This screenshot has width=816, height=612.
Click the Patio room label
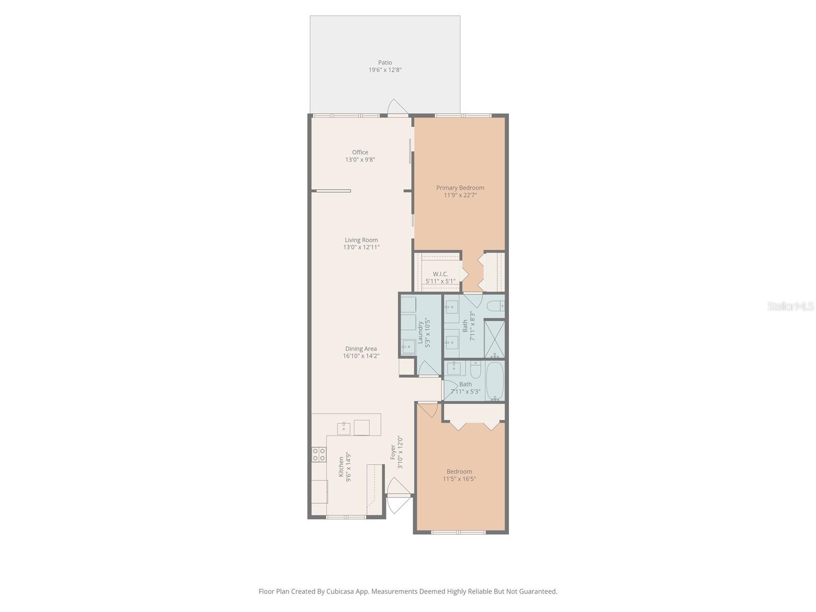tap(385, 63)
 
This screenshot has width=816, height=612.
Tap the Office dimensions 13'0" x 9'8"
tap(360, 160)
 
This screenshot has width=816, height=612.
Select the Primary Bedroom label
tap(460, 188)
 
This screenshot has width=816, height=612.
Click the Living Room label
tap(361, 240)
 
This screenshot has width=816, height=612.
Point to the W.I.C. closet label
tap(440, 274)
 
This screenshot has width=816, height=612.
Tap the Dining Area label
tap(361, 349)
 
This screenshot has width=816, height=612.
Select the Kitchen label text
tap(342, 467)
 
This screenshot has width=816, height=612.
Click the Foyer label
tap(393, 452)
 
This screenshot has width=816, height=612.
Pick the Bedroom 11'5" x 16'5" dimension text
tap(460, 479)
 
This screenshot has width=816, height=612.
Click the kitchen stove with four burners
tap(319, 454)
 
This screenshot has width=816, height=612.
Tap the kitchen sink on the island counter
tap(344, 428)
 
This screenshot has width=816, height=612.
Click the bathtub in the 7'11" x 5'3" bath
tap(494, 381)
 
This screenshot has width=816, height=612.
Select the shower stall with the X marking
tap(494, 339)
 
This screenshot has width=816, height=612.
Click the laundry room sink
tap(409, 347)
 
